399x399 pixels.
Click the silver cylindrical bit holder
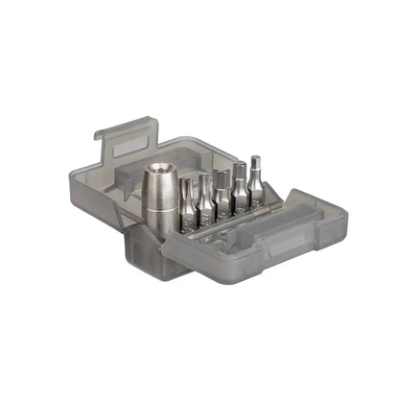click(159, 198)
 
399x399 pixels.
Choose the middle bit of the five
click(222, 192)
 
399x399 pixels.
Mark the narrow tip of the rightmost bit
click(255, 160)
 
